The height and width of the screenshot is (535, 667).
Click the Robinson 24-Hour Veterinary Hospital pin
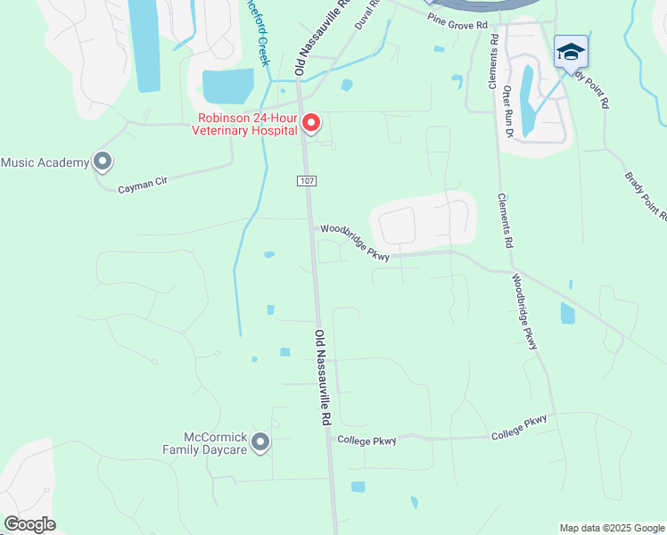(310, 123)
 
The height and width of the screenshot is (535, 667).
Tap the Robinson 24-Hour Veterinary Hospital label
(245, 124)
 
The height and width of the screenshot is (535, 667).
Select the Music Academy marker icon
(103, 162)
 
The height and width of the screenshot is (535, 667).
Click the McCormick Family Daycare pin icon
(260, 441)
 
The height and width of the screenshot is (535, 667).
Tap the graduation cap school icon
(571, 52)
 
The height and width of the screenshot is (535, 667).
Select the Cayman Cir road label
(144, 184)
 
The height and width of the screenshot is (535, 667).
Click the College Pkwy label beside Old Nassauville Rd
(366, 440)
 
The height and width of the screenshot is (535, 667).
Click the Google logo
(29, 524)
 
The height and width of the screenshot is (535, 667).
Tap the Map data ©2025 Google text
(612, 528)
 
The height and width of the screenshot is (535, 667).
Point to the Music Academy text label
(45, 162)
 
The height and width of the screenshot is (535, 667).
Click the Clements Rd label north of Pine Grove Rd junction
(492, 62)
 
